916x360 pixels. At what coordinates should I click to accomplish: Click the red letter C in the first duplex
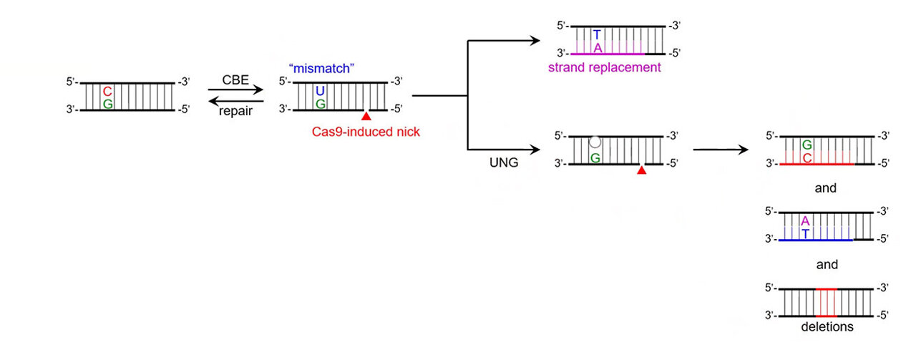(x=107, y=92)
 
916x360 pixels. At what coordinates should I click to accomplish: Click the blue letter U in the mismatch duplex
(x=320, y=92)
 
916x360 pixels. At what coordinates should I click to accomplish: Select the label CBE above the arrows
(x=235, y=80)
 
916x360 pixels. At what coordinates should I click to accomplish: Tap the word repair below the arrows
(x=235, y=112)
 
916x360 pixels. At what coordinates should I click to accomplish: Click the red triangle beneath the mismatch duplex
(x=366, y=116)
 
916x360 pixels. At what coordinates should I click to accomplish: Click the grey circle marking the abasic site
(x=595, y=142)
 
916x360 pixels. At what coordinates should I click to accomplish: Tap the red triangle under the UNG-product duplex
(x=642, y=170)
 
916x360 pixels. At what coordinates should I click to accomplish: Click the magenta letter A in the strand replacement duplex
(x=597, y=47)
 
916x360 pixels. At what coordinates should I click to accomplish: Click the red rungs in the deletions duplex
(x=827, y=302)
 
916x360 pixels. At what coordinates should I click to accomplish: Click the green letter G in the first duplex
(x=107, y=104)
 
